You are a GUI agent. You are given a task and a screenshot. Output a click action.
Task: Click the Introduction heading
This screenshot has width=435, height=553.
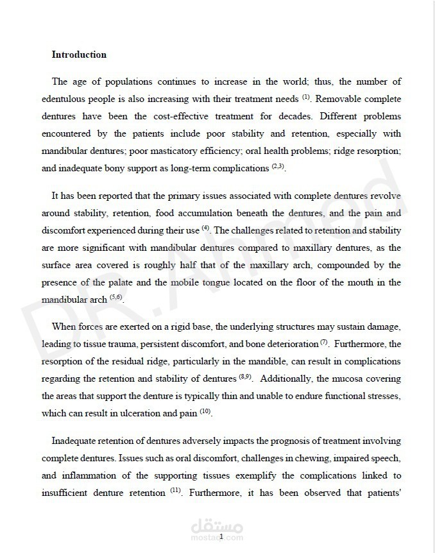79,55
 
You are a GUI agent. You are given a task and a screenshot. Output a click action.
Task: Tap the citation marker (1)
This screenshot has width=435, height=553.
307,98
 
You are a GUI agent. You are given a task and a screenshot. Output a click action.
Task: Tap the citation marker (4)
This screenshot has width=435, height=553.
205,228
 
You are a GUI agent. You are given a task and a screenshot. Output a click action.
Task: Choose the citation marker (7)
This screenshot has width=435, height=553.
324,342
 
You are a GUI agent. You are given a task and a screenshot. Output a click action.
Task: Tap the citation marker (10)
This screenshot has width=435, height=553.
205,412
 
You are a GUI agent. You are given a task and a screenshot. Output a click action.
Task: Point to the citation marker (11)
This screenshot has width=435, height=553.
176,491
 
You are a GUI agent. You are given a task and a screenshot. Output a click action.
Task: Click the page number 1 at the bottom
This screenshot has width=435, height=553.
221,536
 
